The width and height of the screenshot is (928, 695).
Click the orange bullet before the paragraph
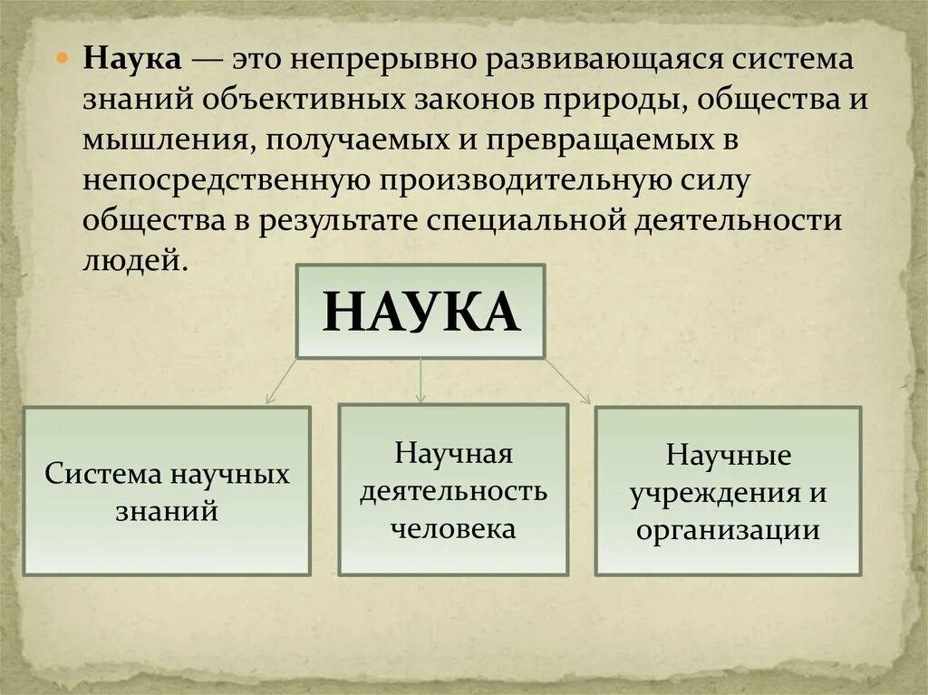[65, 58]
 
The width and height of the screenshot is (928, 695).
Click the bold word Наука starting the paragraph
[134, 59]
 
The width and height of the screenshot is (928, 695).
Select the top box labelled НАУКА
[420, 311]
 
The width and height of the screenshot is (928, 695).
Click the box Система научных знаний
[167, 490]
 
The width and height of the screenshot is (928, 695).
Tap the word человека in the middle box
[453, 528]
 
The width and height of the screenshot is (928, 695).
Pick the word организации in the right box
[728, 530]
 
